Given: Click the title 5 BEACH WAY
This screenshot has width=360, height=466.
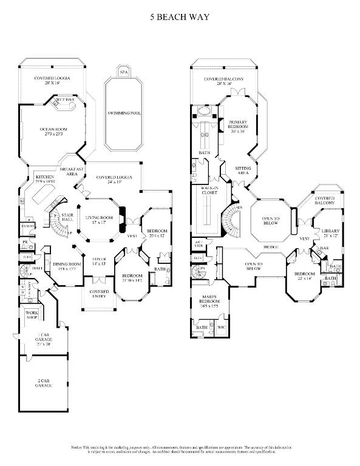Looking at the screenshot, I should point(180,18).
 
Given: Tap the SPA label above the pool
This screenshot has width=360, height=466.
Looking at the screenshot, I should point(123,72).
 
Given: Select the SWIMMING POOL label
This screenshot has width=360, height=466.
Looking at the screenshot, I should point(124,113).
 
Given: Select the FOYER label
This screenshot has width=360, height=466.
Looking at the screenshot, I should point(99,261).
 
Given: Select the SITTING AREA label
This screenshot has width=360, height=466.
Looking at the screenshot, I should point(243,171).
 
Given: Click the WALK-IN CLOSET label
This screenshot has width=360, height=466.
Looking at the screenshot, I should point(209,192).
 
